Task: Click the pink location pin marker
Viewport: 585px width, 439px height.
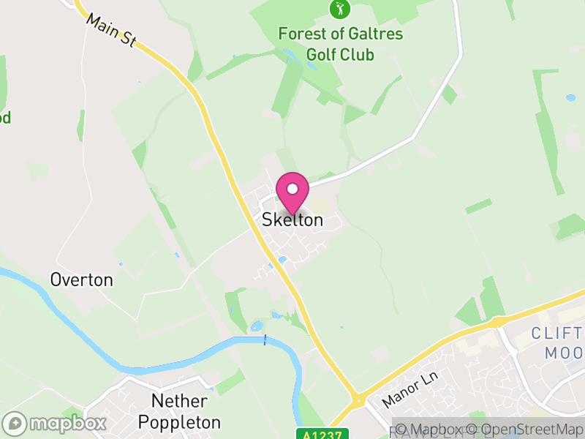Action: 292,192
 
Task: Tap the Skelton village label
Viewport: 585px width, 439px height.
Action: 292,219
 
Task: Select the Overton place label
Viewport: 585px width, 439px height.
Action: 81,279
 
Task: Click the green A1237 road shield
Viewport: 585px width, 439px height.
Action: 322,433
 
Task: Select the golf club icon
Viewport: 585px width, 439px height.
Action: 339,9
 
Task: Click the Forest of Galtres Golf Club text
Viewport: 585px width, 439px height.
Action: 340,44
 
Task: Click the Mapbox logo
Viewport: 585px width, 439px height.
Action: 55,424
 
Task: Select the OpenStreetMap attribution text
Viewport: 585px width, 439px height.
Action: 526,429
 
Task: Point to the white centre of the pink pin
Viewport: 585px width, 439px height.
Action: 292,189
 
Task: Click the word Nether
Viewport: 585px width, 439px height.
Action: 179,401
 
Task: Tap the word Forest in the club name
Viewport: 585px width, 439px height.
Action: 302,34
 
